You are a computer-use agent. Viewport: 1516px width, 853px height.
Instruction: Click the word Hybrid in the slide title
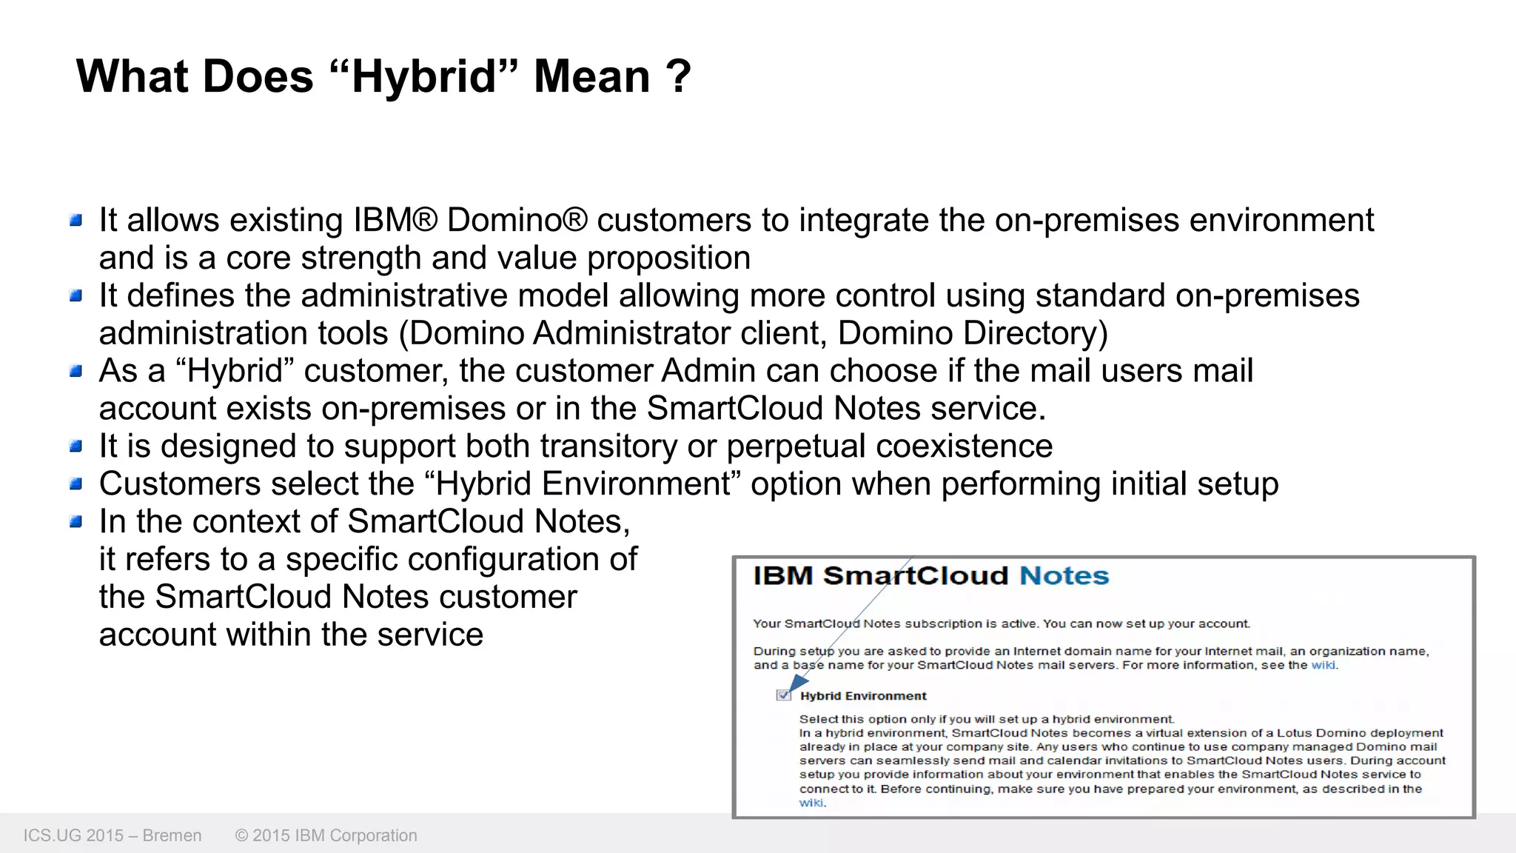click(423, 77)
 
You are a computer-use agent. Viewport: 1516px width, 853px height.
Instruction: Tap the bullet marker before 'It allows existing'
click(76, 220)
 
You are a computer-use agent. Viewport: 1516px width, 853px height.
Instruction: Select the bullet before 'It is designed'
click(76, 446)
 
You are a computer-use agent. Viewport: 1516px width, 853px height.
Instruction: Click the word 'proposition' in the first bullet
click(668, 258)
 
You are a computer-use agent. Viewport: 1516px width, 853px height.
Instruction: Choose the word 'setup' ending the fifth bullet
click(1238, 484)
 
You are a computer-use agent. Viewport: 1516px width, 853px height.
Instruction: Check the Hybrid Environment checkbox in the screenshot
click(783, 695)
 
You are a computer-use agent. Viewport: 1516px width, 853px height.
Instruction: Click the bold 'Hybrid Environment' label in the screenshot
click(863, 696)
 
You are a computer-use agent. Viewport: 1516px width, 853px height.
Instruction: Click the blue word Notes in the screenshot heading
click(1064, 576)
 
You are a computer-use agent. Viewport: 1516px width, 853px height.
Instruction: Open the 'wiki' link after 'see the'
click(1323, 665)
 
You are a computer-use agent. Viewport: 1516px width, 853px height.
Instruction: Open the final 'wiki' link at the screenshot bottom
click(811, 803)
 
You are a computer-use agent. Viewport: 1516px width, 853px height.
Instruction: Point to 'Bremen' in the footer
click(172, 835)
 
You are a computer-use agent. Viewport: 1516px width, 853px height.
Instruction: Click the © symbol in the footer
click(241, 835)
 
